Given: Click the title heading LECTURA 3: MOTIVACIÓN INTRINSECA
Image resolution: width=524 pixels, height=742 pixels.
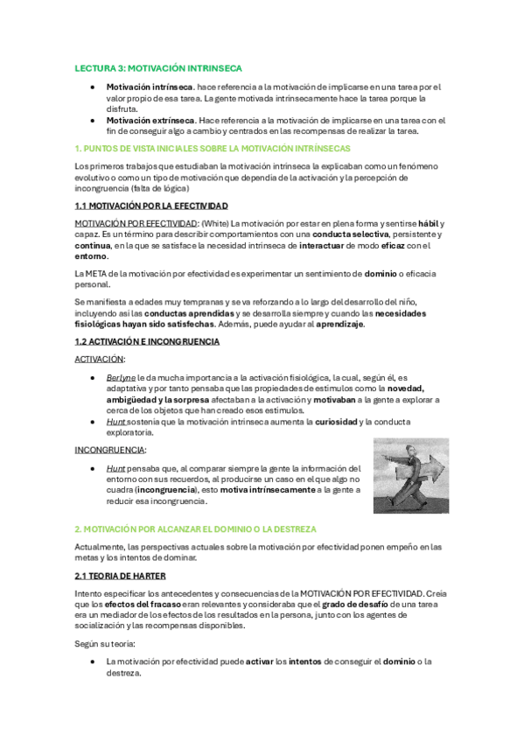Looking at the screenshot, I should tap(157, 67).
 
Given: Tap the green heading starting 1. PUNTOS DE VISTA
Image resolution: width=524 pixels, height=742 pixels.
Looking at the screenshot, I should tap(213, 149).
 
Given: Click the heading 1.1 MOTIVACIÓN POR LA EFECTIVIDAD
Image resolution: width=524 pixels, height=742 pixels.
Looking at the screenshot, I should tap(151, 206).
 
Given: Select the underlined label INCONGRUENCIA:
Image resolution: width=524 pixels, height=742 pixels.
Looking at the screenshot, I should tap(109, 450).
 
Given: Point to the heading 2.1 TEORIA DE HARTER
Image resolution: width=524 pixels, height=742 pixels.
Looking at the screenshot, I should tap(130, 576).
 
